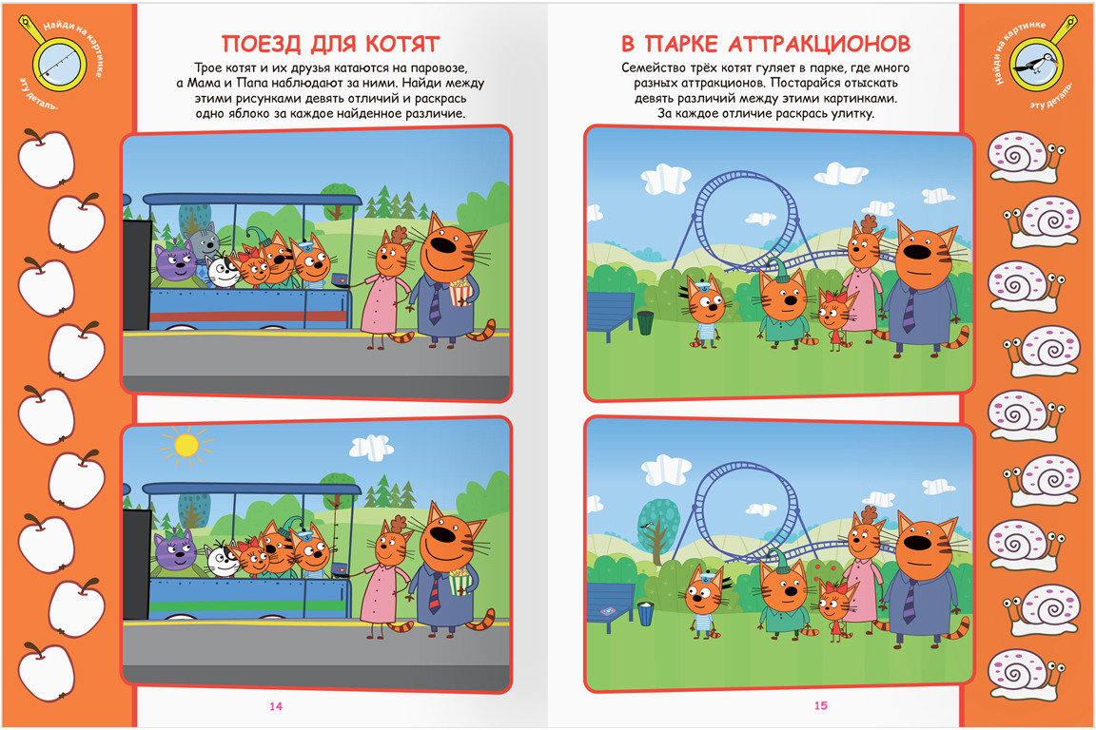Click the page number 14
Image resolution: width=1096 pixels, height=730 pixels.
click(x=275, y=706)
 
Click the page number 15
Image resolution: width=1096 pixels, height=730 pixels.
click(x=821, y=705)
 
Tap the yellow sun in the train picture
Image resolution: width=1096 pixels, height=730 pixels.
click(x=186, y=445)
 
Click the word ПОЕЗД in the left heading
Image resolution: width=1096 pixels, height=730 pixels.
click(x=262, y=44)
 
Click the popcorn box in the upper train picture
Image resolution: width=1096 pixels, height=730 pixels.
click(x=460, y=292)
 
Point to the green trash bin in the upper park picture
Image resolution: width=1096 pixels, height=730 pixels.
click(x=645, y=322)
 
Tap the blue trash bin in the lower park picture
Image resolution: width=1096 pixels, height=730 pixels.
click(x=646, y=613)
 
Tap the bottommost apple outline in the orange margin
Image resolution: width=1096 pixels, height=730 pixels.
click(x=46, y=671)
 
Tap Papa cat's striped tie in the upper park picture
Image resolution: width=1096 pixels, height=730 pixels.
click(x=909, y=310)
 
